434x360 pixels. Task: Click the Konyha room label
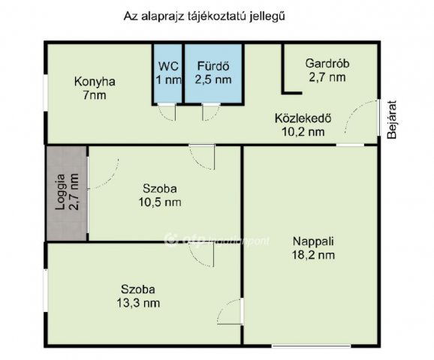click(x=95, y=82)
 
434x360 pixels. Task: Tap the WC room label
click(x=168, y=66)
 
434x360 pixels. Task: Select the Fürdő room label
click(x=213, y=66)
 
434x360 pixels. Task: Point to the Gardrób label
click(x=327, y=64)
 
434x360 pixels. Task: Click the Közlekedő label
click(x=303, y=118)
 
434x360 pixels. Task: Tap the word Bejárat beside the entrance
click(x=392, y=120)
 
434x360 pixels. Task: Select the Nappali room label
click(x=313, y=241)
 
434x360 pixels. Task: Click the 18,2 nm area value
click(x=313, y=255)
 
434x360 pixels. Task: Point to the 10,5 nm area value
click(x=160, y=202)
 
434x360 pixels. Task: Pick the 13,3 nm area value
click(x=138, y=303)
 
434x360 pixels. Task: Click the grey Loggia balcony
click(x=67, y=193)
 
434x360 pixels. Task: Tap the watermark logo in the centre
click(x=170, y=239)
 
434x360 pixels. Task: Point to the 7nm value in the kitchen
click(x=94, y=96)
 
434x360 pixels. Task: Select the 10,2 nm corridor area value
click(x=303, y=132)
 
